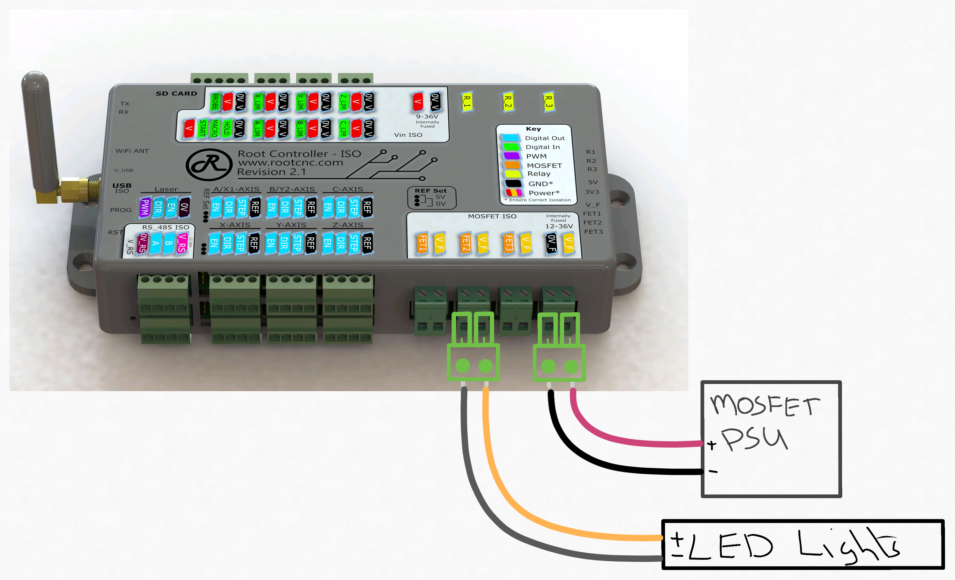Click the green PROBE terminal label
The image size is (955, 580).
[x=215, y=102]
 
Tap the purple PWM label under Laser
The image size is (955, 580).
[x=145, y=207]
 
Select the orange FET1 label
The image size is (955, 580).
[x=422, y=243]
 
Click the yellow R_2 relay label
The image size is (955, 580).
[x=507, y=102]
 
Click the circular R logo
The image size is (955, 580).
[x=209, y=165]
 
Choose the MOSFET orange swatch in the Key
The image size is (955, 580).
[x=512, y=165]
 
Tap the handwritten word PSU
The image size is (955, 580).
[x=754, y=439]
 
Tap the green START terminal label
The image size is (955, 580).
[x=202, y=128]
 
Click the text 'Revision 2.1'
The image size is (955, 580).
[x=271, y=172]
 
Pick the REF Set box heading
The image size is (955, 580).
[x=431, y=191]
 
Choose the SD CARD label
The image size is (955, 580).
[x=176, y=93]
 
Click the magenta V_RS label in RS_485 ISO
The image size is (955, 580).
[x=181, y=243]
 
